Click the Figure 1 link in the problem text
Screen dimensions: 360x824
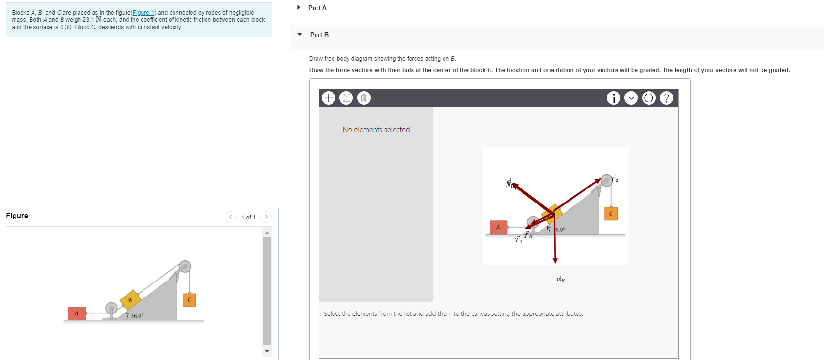pyautogui.click(x=143, y=13)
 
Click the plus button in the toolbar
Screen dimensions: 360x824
pyautogui.click(x=329, y=98)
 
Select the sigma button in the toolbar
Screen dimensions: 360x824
pyautogui.click(x=346, y=98)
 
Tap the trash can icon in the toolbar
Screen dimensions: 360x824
pyautogui.click(x=364, y=98)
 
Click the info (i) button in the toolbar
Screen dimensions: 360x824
pyautogui.click(x=613, y=98)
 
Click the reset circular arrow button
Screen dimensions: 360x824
pyautogui.click(x=649, y=98)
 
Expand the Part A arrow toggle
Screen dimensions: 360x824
pyautogui.click(x=299, y=8)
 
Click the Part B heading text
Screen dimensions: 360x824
pyautogui.click(x=319, y=35)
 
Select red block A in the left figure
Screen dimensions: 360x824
pyautogui.click(x=77, y=313)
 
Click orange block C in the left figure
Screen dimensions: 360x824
pyautogui.click(x=189, y=300)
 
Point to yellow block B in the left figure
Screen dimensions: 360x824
pyautogui.click(x=130, y=300)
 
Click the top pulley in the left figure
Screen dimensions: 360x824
pyautogui.click(x=185, y=266)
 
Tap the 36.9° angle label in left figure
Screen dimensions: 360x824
pyautogui.click(x=137, y=316)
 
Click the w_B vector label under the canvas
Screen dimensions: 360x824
pyautogui.click(x=560, y=280)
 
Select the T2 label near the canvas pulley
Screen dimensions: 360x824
pyautogui.click(x=614, y=179)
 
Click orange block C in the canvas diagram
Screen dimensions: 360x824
pyautogui.click(x=611, y=214)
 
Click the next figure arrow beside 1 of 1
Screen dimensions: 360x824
pyautogui.click(x=266, y=217)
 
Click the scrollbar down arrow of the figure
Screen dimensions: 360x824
pyautogui.click(x=267, y=351)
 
